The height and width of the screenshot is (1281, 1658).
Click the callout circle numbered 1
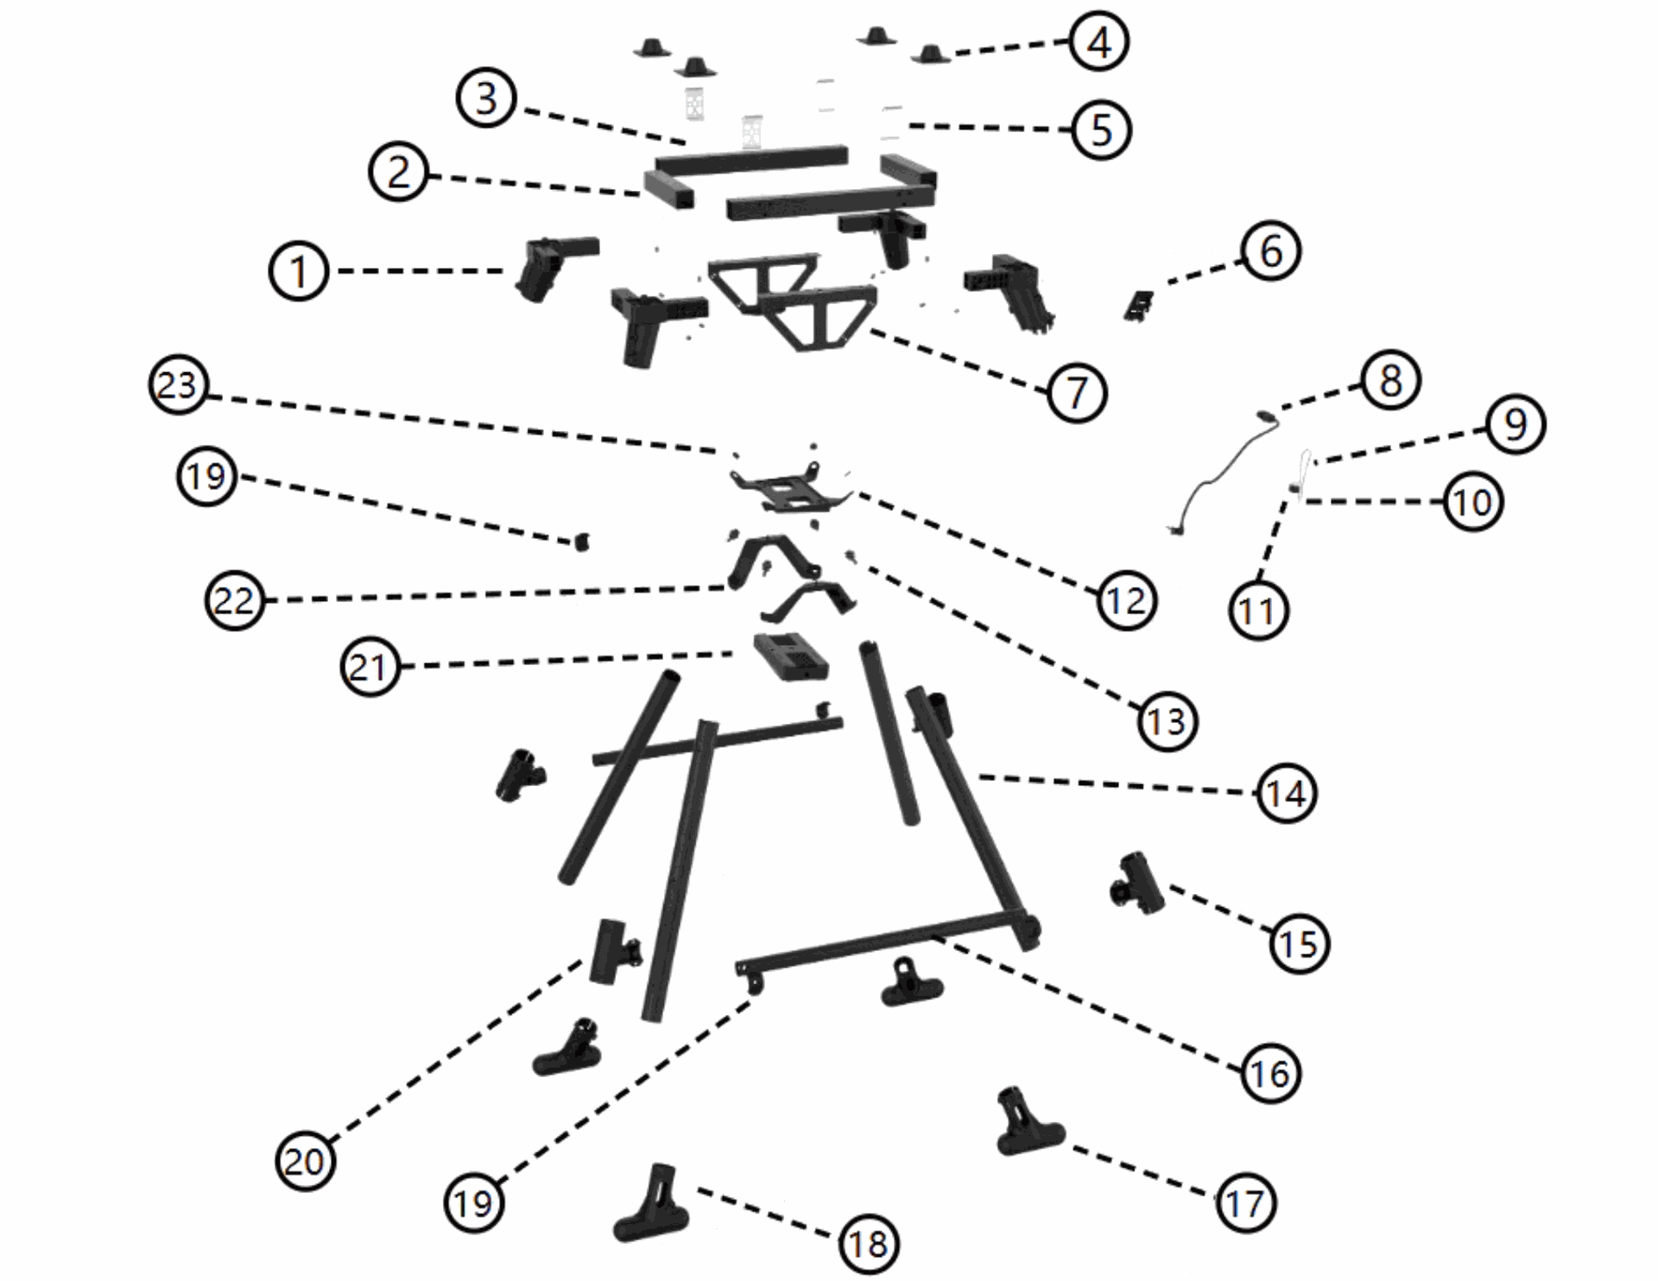pyautogui.click(x=299, y=271)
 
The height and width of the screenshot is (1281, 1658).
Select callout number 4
pyautogui.click(x=1098, y=41)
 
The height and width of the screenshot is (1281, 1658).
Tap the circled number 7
pyautogui.click(x=1076, y=393)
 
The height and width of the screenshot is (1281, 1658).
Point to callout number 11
pyautogui.click(x=1257, y=611)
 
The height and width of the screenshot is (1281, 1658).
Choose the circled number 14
pyautogui.click(x=1287, y=793)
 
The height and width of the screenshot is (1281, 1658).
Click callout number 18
pyautogui.click(x=869, y=1244)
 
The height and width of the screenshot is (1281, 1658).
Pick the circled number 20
pyautogui.click(x=305, y=1162)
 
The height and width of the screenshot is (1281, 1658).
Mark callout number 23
pyautogui.click(x=178, y=385)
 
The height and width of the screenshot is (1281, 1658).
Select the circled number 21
pyautogui.click(x=370, y=667)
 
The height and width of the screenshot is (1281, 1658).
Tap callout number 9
pyautogui.click(x=1516, y=424)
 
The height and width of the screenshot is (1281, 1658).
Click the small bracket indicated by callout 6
pyautogui.click(x=1140, y=305)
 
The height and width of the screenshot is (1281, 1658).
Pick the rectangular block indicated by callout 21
pyautogui.click(x=790, y=657)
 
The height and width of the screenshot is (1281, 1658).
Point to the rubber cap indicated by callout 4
pyautogui.click(x=928, y=54)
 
